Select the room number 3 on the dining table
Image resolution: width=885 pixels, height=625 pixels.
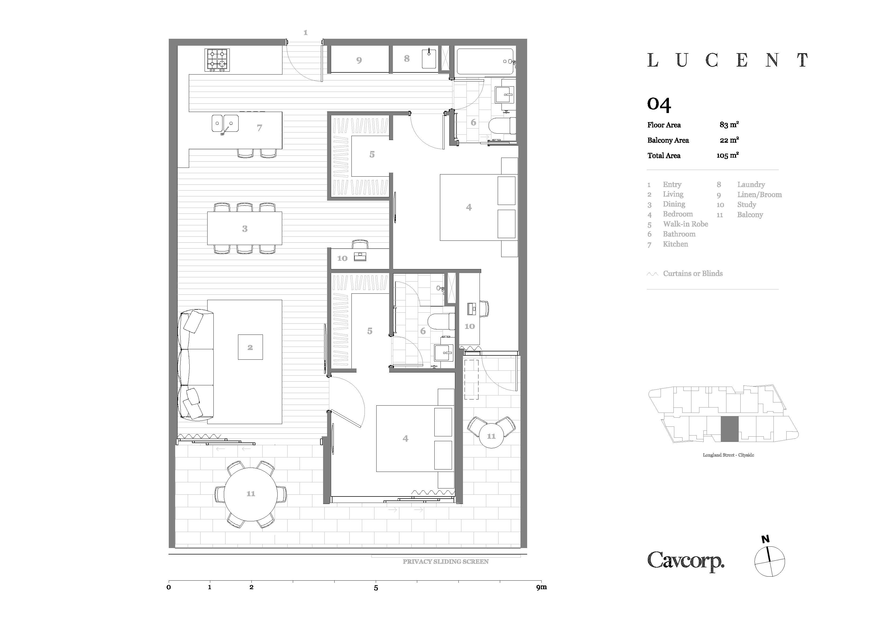tap(245, 229)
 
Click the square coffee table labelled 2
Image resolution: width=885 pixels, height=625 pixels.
tap(250, 347)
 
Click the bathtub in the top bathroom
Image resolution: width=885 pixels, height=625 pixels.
tap(485, 61)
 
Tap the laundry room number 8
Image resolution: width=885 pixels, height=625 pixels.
tap(407, 59)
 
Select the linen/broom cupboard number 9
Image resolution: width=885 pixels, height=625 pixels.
tap(359, 60)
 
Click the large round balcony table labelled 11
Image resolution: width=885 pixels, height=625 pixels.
tap(251, 494)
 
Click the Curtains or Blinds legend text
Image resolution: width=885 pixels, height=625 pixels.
tap(693, 273)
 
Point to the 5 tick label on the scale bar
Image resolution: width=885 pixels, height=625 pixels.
tap(376, 588)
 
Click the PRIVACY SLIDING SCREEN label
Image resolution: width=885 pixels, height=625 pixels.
tap(446, 561)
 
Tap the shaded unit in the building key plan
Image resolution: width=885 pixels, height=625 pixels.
tap(730, 429)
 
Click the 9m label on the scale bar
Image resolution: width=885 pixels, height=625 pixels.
tap(542, 587)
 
